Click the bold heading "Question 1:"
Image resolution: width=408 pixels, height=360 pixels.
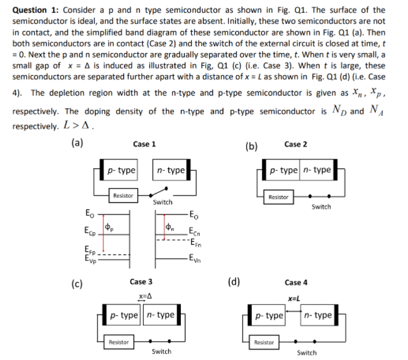tap(35, 9)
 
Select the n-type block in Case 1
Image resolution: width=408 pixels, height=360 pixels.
tap(170, 170)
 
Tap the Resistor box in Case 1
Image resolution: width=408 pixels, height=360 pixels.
tap(123, 196)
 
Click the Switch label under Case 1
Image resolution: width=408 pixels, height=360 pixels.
tap(163, 202)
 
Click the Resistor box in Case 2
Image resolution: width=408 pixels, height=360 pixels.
tap(279, 197)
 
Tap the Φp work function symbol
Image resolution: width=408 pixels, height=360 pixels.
tap(108, 227)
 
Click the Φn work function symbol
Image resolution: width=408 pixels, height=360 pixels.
tap(170, 227)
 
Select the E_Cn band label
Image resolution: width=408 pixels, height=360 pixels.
tap(195, 233)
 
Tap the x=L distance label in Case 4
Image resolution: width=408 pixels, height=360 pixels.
tap(293, 299)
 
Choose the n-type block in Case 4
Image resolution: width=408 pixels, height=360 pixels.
tap(318, 315)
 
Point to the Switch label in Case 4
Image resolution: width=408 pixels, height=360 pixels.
tap(307, 352)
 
